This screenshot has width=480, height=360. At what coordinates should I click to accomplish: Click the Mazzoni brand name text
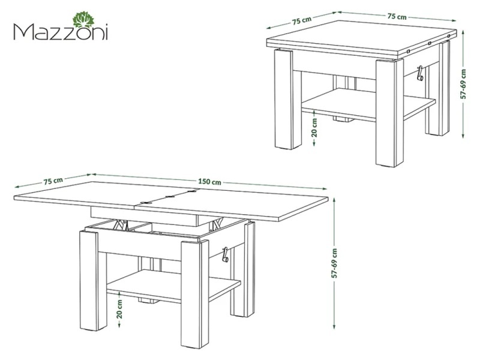61,32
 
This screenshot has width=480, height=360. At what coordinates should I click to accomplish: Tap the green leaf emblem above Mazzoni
83,20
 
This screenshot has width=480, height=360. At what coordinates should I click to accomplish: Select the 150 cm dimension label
209,182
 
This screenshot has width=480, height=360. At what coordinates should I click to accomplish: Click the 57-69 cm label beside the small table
463,84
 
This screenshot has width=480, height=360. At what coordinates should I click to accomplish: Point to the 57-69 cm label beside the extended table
334,263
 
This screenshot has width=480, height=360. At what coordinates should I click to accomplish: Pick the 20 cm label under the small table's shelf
314,127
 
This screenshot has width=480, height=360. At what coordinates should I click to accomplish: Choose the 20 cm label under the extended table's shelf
119,309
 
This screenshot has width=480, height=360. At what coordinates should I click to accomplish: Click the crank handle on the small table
420,73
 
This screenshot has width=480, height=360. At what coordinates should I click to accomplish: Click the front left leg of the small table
283,99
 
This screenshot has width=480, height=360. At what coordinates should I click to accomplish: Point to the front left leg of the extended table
89,281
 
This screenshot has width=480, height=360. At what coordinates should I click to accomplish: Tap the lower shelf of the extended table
173,286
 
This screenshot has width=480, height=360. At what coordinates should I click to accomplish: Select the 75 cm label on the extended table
53,181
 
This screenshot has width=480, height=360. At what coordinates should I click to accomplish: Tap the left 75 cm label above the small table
302,20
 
